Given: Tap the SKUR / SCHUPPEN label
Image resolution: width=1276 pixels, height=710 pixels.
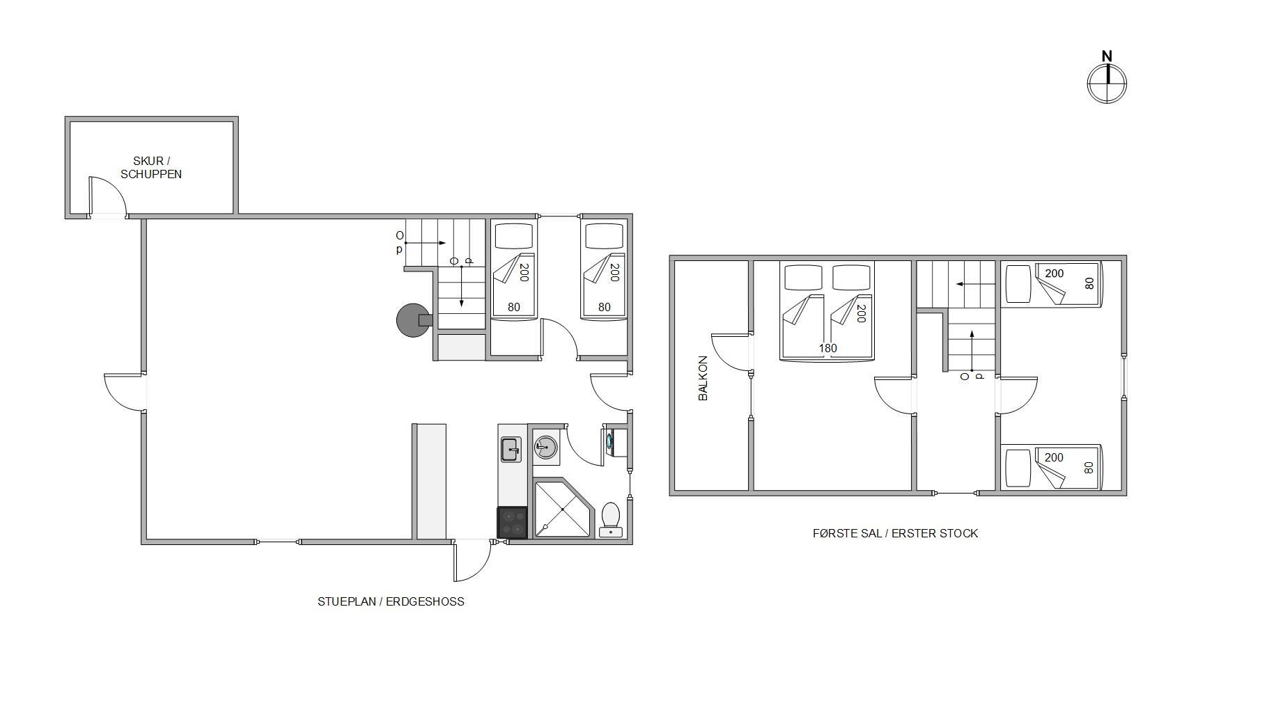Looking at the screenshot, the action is coord(151,168).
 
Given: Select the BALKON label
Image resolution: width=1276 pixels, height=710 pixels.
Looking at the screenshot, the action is coord(703,378).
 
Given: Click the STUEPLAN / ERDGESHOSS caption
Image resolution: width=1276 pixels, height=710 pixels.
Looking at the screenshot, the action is coord(391,601).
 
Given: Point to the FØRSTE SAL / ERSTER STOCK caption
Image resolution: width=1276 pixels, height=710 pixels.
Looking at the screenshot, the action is coord(895,533).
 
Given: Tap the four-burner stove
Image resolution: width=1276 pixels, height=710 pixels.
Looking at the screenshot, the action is coord(512,523).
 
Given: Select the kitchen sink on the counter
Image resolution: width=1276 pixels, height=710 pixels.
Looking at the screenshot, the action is coord(511,450).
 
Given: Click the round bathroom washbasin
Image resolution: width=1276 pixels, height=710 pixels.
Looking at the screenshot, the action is coord(545,447).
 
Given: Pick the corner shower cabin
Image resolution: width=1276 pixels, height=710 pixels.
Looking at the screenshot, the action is coord(563,509).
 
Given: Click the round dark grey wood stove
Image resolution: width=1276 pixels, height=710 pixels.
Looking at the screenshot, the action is coord(413,320).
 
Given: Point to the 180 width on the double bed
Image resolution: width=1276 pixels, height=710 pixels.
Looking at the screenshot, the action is coord(827,349).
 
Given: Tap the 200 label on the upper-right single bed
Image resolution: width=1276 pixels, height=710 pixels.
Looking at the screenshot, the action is coord(1054,274).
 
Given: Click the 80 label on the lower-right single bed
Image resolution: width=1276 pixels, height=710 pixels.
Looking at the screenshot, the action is coord(1089,468).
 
